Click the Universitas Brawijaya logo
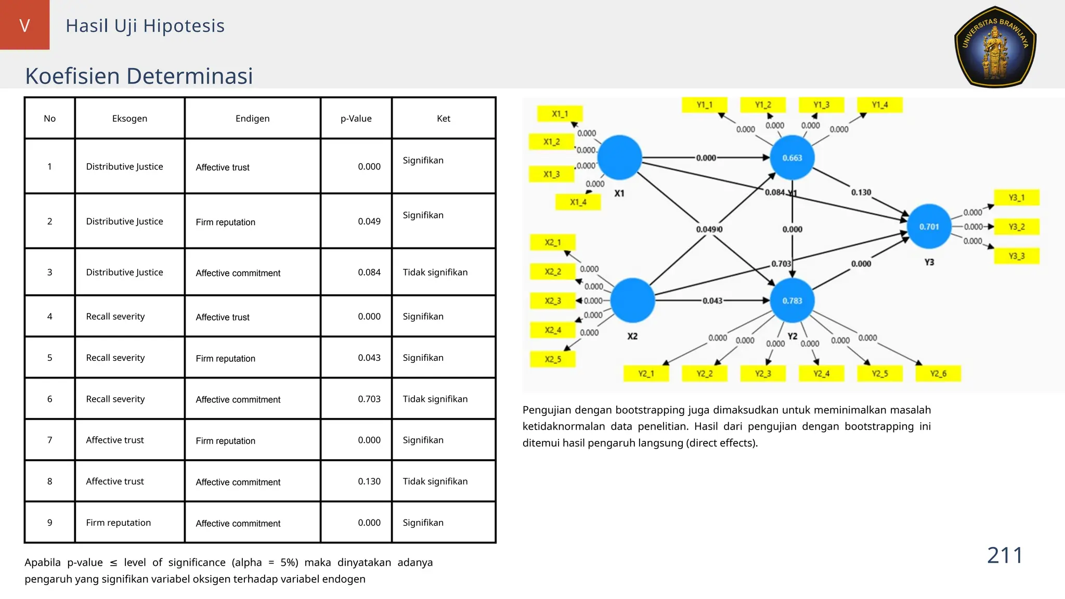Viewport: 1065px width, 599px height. point(995,47)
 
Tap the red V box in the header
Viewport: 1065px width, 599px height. point(24,25)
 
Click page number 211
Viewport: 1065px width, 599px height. point(1005,555)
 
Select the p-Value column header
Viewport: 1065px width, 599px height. point(356,119)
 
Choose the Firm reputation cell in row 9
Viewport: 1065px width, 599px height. point(119,523)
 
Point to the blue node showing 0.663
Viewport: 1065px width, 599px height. point(792,158)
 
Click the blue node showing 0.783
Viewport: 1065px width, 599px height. point(792,301)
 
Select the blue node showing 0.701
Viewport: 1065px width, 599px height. point(929,227)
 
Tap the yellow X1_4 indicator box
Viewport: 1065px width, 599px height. point(578,202)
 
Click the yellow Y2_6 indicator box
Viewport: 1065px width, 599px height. point(938,373)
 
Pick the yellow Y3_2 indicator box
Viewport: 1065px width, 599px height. point(1017,227)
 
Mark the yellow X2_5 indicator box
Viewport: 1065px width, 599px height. point(553,359)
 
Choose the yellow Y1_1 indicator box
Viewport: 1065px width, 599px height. point(705,105)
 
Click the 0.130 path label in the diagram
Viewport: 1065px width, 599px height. point(861,192)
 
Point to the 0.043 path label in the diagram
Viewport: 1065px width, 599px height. point(712,301)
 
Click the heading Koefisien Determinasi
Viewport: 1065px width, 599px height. point(139,76)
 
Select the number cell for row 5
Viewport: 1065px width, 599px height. point(50,358)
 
